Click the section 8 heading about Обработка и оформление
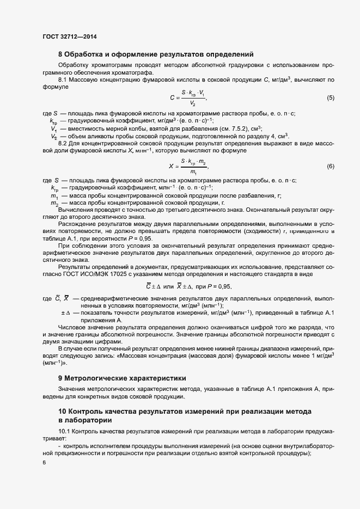click(x=156, y=54)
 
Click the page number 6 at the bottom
click(x=44, y=463)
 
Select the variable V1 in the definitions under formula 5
click(x=53, y=128)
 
